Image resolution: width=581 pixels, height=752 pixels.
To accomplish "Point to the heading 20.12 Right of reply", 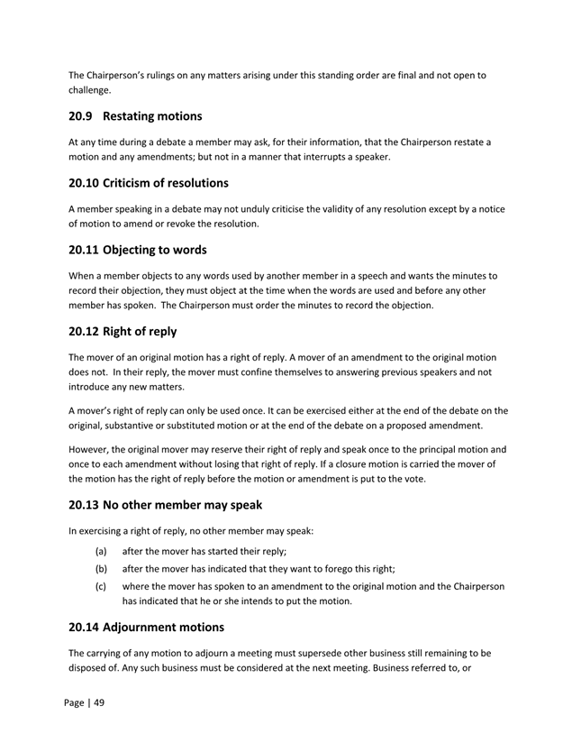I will pyautogui.click(x=123, y=331).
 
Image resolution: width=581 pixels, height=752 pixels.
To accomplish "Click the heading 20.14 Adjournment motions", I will pyautogui.click(x=146, y=626).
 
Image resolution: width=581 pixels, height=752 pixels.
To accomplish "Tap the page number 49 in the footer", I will pyautogui.click(x=97, y=702).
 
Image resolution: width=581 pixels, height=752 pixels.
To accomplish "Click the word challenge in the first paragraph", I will pyautogui.click(x=94, y=90).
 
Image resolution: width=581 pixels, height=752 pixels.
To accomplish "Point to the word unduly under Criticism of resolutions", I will pyautogui.click(x=266, y=208).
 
